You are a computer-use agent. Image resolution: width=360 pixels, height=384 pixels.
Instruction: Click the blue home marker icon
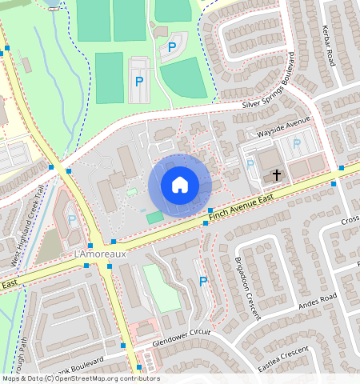180,186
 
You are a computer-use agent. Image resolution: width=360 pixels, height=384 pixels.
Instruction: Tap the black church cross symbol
277,174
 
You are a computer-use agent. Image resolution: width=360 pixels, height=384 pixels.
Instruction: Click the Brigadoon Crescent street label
248,288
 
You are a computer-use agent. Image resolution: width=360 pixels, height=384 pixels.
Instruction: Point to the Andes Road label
318,305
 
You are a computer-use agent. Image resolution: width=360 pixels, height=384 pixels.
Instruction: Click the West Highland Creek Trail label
26,226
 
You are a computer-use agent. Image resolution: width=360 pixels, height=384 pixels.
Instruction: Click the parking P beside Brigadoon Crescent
203,282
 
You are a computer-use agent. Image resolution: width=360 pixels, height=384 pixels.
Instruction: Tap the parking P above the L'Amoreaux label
72,219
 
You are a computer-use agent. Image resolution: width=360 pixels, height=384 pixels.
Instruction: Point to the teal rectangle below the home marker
154,217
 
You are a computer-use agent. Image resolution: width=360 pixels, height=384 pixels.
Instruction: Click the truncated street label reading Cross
350,221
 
